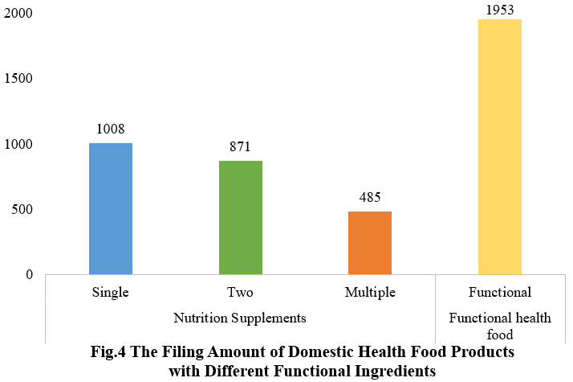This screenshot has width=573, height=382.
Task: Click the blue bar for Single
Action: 111,208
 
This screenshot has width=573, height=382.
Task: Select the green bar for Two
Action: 241,217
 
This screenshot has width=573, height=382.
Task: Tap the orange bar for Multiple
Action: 370,243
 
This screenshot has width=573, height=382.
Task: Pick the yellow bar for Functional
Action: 500,146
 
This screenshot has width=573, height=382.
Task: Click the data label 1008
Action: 111,129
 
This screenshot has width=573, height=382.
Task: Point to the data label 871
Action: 240,146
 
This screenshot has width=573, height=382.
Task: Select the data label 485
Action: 370,197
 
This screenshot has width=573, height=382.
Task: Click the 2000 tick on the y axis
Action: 17,14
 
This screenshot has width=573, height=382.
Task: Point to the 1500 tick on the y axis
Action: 17,79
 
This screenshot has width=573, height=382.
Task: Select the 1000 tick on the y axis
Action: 17,144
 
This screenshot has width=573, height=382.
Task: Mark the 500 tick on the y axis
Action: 21,209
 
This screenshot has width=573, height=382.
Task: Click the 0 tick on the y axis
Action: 29,274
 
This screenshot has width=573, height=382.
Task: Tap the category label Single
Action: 111,292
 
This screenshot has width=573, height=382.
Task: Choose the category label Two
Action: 240,292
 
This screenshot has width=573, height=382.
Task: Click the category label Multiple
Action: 370,292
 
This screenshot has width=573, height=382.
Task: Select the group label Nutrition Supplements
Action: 240,318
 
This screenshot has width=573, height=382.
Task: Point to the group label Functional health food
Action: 500,326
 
